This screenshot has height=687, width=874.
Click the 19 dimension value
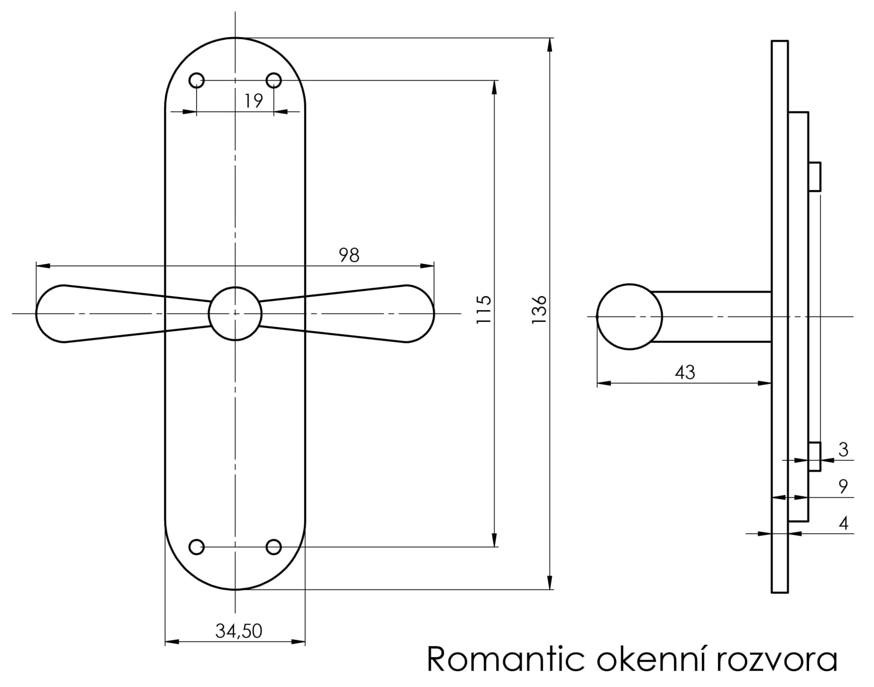pos(254,100)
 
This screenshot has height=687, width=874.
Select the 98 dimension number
pos(349,255)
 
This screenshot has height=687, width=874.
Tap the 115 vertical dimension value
pos(483,310)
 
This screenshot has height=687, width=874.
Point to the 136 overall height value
pos(539,310)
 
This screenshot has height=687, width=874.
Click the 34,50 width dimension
pos(239,631)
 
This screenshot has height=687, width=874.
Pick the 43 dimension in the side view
pos(685,372)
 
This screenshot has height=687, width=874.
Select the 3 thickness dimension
pos(843,450)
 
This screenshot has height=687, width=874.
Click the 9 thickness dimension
pos(843,486)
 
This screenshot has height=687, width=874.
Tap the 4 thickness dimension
pos(843,523)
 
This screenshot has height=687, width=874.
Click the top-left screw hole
pos(197,80)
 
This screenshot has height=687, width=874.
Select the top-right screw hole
pos(274,80)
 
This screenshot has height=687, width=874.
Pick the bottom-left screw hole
pos(197,547)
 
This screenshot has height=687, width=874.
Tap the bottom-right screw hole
pos(274,547)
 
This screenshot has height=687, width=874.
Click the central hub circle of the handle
pos(235,313)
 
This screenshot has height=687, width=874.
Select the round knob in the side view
pos(630,317)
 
